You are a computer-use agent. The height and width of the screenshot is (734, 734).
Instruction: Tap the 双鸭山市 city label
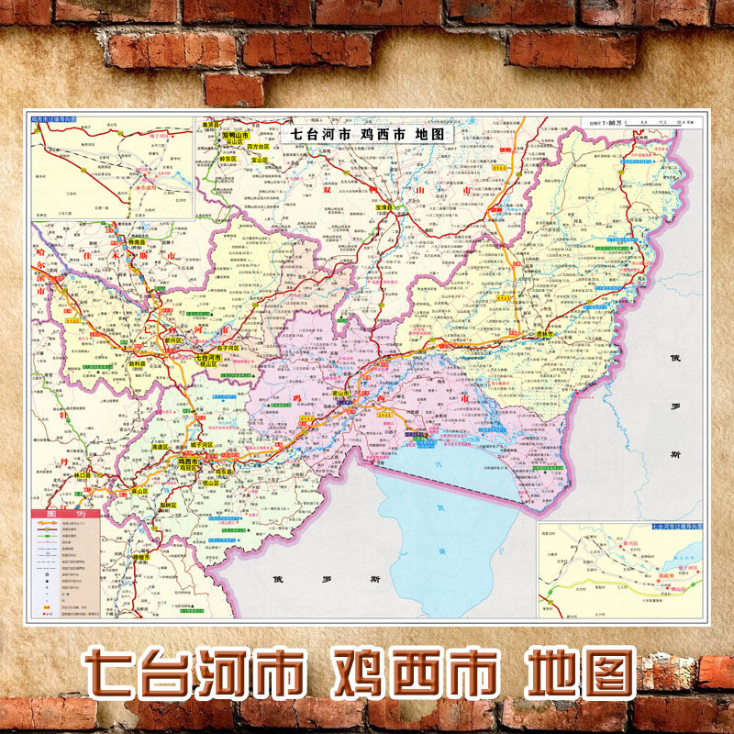pos(241,135)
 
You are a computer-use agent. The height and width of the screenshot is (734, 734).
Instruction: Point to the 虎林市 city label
pos(547,334)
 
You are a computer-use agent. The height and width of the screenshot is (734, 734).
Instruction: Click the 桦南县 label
pos(136,241)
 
